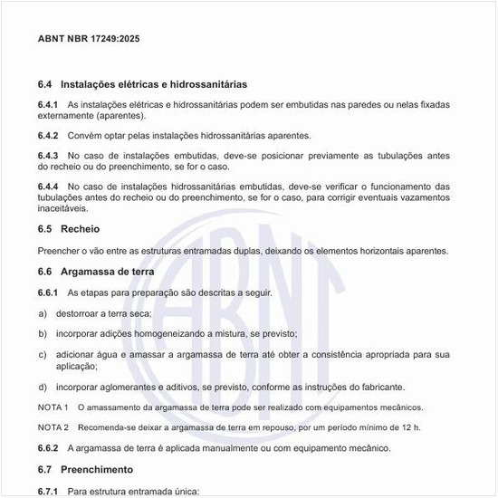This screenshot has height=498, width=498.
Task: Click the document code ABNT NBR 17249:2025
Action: [x=89, y=39]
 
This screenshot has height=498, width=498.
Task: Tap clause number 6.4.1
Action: [x=48, y=105]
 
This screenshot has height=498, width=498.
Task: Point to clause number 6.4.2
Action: [x=48, y=136]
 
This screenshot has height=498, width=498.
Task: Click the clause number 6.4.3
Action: [x=48, y=156]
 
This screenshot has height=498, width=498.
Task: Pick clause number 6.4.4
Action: [x=48, y=187]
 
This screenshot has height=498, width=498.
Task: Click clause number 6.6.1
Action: [x=48, y=292]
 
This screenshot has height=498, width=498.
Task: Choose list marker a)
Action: [x=43, y=312]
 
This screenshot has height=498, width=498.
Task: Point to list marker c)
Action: [x=43, y=354]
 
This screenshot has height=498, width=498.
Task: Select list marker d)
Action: [x=43, y=387]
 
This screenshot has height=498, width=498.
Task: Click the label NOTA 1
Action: [x=53, y=407]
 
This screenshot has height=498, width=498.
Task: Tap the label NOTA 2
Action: [x=53, y=426]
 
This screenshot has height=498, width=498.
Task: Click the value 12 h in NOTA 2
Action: [x=410, y=426]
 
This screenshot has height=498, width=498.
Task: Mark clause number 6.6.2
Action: [x=48, y=448]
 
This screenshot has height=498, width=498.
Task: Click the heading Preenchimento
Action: [x=96, y=470]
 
